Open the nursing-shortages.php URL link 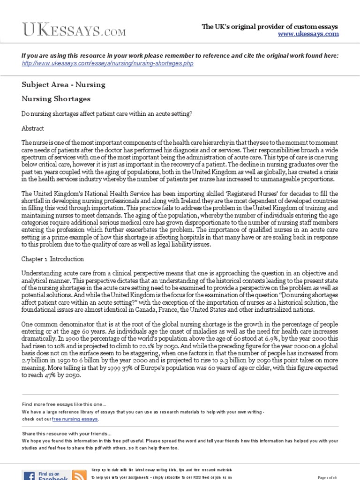[x=107, y=63]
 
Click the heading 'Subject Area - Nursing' [x=63, y=85]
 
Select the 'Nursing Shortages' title [x=56, y=99]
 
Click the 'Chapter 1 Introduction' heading [x=53, y=259]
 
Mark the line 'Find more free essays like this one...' [x=64, y=405]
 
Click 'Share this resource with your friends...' [x=67, y=434]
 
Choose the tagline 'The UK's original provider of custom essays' [x=270, y=27]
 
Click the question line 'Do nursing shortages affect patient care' [x=107, y=113]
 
